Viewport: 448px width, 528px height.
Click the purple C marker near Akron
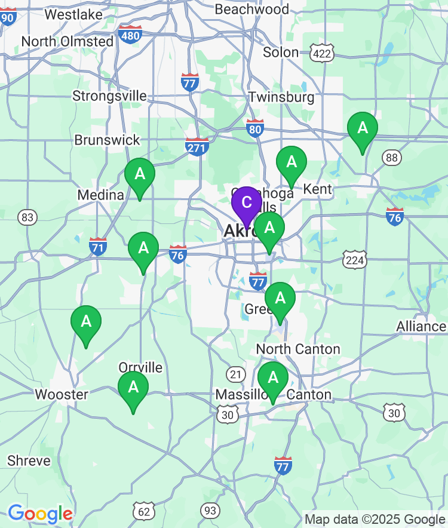pyautogui.click(x=246, y=203)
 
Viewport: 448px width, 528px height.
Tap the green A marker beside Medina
pyautogui.click(x=140, y=175)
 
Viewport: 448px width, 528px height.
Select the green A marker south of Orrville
pyautogui.click(x=133, y=388)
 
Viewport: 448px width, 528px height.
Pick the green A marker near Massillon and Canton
pyautogui.click(x=273, y=379)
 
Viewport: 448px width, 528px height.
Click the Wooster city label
pyautogui.click(x=62, y=394)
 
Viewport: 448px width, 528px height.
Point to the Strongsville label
pyautogui.click(x=109, y=96)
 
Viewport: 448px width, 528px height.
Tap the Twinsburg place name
pyautogui.click(x=281, y=97)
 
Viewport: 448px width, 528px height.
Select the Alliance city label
pyautogui.click(x=421, y=327)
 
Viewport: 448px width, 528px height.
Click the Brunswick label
pyautogui.click(x=107, y=140)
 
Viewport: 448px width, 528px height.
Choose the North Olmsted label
pyautogui.click(x=67, y=41)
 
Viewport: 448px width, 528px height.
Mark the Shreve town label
pyautogui.click(x=29, y=461)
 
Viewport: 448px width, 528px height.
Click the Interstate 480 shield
pyautogui.click(x=130, y=34)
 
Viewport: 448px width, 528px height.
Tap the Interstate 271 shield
pyautogui.click(x=197, y=146)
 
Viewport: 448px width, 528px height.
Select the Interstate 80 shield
pyautogui.click(x=255, y=128)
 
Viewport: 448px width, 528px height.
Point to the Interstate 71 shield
pyautogui.click(x=98, y=246)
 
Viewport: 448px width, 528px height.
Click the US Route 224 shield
pyautogui.click(x=355, y=259)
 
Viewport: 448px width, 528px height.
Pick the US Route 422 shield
pyautogui.click(x=322, y=53)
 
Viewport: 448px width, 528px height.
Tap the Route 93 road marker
pyautogui.click(x=210, y=510)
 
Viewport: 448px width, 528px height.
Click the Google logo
pyautogui.click(x=40, y=514)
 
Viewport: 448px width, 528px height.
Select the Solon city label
pyautogui.click(x=281, y=52)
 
